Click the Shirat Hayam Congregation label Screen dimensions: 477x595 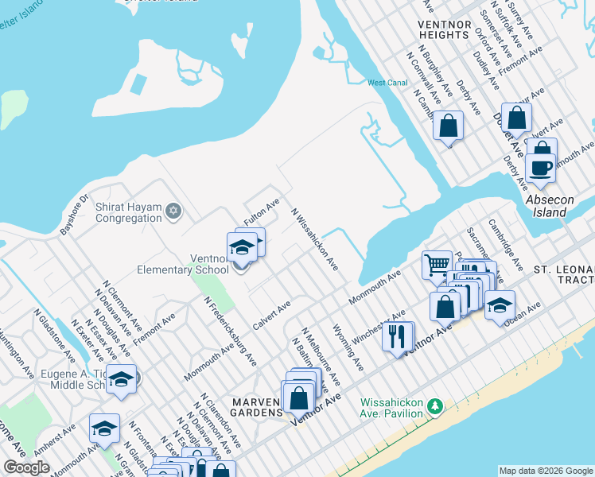click(128, 212)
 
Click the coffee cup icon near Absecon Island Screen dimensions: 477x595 click(541, 168)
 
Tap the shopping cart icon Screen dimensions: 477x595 click(437, 265)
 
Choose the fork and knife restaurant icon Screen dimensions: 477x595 click(397, 335)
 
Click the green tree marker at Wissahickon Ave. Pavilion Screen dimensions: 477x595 click(434, 407)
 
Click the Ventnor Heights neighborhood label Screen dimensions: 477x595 click(443, 30)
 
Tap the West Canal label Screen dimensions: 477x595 click(387, 83)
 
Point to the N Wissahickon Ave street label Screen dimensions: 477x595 click(315, 239)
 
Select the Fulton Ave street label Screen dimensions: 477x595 click(262, 212)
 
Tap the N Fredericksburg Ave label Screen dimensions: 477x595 click(231, 332)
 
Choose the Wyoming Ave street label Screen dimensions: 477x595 click(348, 347)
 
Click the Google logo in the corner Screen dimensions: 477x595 click(26, 467)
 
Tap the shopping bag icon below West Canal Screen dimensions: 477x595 click(448, 126)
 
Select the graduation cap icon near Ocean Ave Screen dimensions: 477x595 click(500, 306)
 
